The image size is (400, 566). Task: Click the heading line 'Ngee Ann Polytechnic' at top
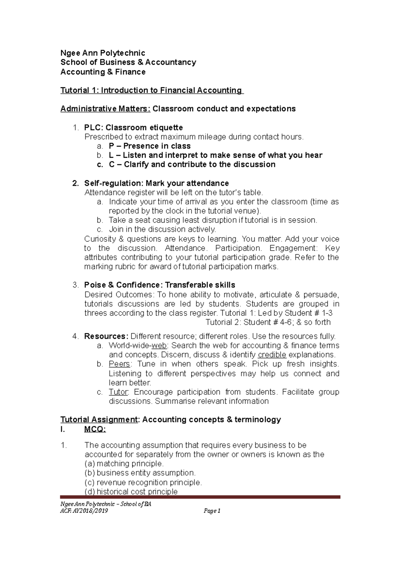click(x=102, y=53)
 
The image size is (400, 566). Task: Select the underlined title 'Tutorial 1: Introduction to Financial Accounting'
click(x=152, y=90)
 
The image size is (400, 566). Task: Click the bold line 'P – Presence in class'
click(x=150, y=146)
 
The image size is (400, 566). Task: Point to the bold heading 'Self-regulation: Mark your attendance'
click(x=156, y=183)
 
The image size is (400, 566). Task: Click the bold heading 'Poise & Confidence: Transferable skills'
click(x=160, y=285)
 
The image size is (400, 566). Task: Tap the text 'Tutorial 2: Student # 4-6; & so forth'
click(x=268, y=322)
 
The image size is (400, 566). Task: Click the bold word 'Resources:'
click(x=106, y=336)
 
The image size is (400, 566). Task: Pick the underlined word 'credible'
click(x=272, y=355)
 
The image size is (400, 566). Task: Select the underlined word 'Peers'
click(x=119, y=364)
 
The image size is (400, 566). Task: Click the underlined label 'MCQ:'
click(x=95, y=430)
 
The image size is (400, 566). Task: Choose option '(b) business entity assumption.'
click(x=140, y=473)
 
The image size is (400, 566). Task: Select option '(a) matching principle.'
click(x=124, y=464)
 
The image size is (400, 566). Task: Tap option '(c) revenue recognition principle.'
click(x=143, y=482)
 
